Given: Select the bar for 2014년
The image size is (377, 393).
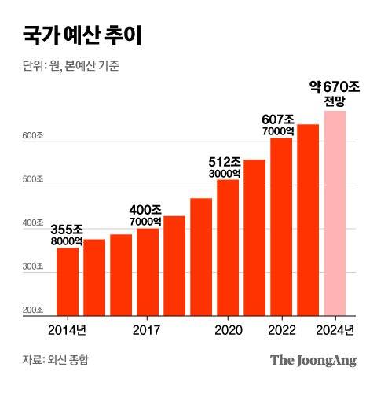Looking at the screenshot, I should [x=68, y=281].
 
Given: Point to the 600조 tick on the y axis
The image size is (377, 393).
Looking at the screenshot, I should [x=33, y=137].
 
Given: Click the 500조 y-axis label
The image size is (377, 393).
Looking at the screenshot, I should [x=33, y=181].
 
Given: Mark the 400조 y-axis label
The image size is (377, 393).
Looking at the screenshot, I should [x=33, y=225].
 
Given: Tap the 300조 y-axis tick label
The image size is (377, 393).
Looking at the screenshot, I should [x=33, y=268].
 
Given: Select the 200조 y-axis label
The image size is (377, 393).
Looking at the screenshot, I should [x=33, y=312].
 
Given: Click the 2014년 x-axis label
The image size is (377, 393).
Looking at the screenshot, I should [x=68, y=329].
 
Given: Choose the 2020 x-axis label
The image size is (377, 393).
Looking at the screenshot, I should [x=228, y=329].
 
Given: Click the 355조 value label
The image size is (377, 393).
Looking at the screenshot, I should [x=68, y=230].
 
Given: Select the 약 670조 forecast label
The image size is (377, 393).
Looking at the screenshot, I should [x=335, y=86].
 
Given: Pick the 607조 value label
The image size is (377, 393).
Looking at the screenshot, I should [x=280, y=120].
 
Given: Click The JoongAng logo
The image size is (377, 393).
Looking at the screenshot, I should [x=313, y=360].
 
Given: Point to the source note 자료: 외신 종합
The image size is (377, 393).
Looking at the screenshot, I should [x=56, y=360].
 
